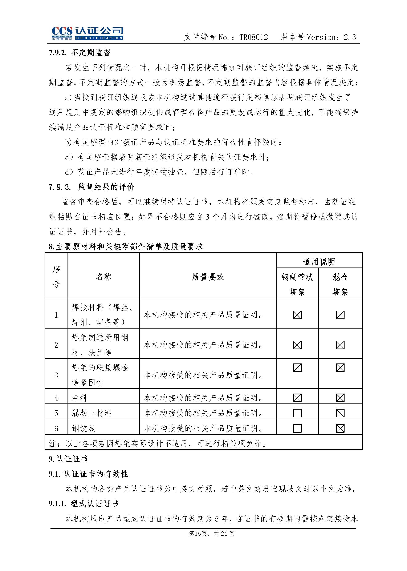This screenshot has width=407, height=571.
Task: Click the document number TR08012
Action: click(253, 37)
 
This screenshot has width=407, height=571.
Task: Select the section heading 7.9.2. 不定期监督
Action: click(80, 53)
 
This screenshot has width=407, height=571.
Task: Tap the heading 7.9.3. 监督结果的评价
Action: click(91, 187)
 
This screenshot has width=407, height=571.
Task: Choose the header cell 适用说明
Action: click(319, 262)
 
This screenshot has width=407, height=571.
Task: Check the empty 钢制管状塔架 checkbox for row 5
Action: click(297, 413)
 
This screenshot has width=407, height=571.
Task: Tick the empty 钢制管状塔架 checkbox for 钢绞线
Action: click(297, 428)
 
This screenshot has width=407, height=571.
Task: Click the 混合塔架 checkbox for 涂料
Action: click(340, 398)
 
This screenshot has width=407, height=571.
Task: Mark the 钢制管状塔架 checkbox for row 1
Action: click(297, 315)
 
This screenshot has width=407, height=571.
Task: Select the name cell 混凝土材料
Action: click(92, 413)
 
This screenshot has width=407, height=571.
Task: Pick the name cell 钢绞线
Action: click(84, 428)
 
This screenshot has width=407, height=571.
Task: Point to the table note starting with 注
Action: click(158, 444)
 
